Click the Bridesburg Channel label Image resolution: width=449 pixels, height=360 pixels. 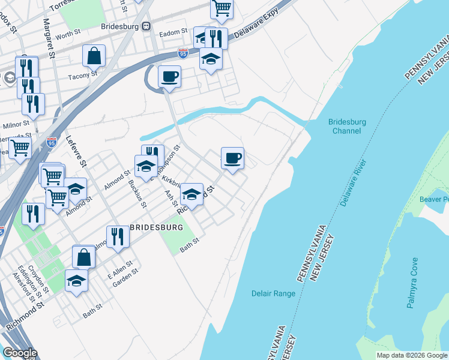(x=347, y=126)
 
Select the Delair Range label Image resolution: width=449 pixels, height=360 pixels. (x=273, y=293)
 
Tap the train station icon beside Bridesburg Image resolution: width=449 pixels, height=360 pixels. (x=146, y=26)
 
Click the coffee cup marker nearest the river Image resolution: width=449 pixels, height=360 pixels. (x=232, y=158)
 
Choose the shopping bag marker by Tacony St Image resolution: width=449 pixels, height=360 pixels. (x=94, y=56)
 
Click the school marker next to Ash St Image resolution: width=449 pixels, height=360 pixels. (x=191, y=194)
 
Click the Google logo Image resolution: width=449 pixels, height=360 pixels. (x=20, y=353)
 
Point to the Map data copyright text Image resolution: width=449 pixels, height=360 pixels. (x=411, y=355)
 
